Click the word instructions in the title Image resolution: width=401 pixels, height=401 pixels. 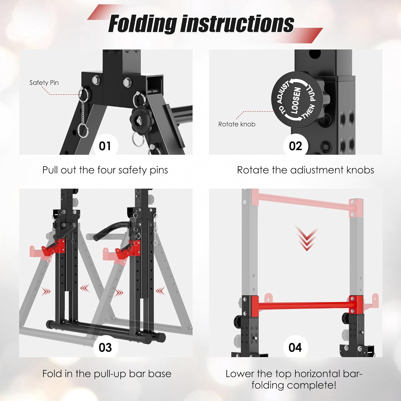click(x=237, y=24)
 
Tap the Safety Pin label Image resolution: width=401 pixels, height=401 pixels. click(x=44, y=83)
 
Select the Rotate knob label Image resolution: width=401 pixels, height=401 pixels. click(x=237, y=124)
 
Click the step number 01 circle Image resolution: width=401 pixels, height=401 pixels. click(x=105, y=146)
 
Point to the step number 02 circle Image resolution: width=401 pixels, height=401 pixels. click(x=295, y=146)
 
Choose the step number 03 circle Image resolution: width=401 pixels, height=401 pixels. click(x=105, y=348)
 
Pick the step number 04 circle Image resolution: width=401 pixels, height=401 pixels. click(x=295, y=348)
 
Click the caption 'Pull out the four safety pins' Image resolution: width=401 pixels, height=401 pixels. click(x=105, y=170)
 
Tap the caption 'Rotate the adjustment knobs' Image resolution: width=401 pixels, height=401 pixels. click(x=305, y=170)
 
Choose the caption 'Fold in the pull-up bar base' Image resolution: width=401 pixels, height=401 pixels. click(x=107, y=374)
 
